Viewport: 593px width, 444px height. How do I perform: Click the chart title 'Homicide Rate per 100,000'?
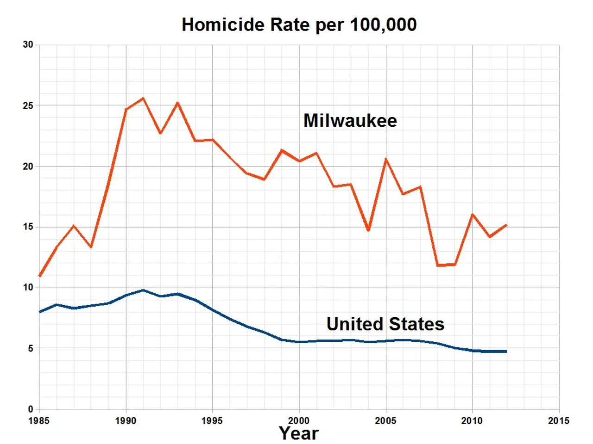(299, 25)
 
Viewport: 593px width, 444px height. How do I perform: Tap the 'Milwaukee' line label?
(350, 121)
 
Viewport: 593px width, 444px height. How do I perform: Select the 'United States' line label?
(385, 324)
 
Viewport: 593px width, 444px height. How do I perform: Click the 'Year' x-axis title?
(299, 433)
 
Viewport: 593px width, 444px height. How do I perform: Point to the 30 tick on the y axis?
(28, 45)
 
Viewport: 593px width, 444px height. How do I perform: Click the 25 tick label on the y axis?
(28, 105)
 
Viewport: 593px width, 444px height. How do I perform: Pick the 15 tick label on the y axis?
(28, 227)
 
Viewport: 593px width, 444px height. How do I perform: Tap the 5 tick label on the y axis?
(31, 348)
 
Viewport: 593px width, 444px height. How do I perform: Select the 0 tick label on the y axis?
(31, 409)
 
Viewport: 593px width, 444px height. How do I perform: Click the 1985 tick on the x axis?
(39, 420)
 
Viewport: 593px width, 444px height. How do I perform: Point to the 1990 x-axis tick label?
(126, 420)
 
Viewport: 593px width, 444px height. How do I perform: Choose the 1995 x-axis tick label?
(212, 420)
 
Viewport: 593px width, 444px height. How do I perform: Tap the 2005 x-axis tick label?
(385, 420)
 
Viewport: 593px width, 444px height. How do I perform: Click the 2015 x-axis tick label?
(559, 420)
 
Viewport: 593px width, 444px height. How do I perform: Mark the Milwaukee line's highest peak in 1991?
(143, 98)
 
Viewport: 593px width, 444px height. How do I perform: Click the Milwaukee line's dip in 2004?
(368, 230)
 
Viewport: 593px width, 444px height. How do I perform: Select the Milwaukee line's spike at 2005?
(386, 159)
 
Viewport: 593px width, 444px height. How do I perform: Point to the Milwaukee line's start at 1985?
(39, 276)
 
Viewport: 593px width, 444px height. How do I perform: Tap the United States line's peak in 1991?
(143, 290)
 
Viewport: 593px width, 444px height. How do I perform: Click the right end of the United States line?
(506, 351)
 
